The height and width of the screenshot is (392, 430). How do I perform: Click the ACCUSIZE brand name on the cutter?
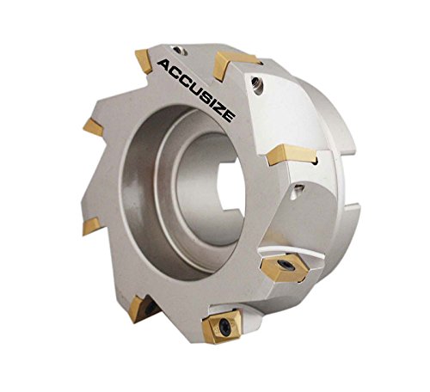click(197, 90)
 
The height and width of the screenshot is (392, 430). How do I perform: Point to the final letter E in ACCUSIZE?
click(229, 116)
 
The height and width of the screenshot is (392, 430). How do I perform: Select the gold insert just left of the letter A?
click(144, 61)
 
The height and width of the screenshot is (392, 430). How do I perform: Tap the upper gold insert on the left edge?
click(94, 127)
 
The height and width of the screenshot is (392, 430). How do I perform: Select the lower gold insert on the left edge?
click(92, 226)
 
